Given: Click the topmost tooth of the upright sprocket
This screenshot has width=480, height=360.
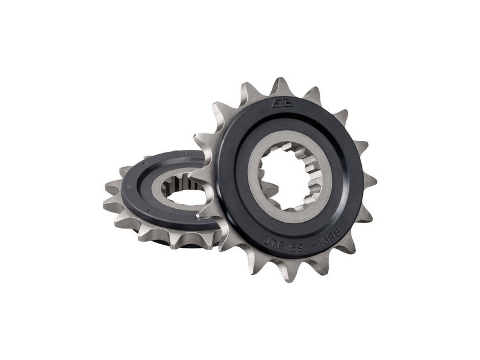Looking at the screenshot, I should (280, 86).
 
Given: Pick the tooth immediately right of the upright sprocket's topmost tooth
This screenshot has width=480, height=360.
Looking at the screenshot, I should (313, 94).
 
